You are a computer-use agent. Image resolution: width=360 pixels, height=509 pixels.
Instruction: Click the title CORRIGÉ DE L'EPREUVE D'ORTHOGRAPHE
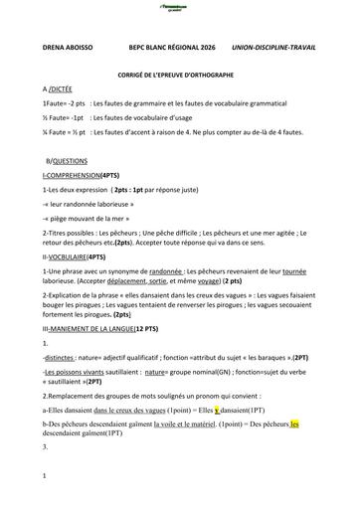tap(179, 75)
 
